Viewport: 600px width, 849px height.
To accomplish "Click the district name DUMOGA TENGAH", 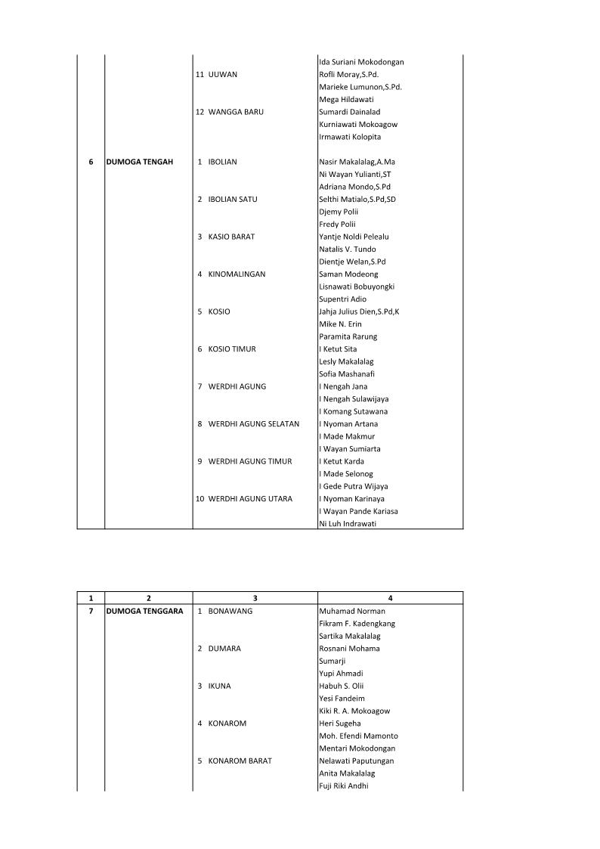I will pos(140,162).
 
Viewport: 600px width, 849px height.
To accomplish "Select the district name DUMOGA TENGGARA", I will pos(144,611).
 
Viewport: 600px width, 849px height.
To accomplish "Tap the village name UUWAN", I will pos(224,75).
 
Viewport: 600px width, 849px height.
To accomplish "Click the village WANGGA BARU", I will pos(236,112).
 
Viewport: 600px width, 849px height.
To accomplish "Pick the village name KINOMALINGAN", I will pos(237,274).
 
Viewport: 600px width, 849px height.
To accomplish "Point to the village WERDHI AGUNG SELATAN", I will pos(253,424).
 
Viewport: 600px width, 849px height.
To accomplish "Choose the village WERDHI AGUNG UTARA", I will pos(250,499).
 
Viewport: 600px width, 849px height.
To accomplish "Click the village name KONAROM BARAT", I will pos(240,761).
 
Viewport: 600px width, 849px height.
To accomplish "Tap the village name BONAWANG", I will pos(230,611).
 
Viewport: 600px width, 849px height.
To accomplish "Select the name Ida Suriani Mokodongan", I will pos(361,62).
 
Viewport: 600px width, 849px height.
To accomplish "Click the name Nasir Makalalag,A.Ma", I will pos(357,162).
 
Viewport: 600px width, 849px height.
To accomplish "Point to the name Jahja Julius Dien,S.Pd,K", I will pos(359,311).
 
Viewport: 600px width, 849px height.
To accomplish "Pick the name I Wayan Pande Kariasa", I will pos(358,511).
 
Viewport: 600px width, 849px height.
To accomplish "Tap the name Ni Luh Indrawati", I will pos(348,524).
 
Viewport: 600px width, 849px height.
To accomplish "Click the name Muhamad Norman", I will pos(352,611).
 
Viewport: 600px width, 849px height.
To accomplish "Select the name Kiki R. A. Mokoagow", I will pos(354,711).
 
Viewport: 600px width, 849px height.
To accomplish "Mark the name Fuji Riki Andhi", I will pos(344,785).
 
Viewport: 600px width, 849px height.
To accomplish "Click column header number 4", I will pos(390,598).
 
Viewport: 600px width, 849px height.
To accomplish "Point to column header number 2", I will pos(148,598).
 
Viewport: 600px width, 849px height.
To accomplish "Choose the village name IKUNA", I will pos(220,686).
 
